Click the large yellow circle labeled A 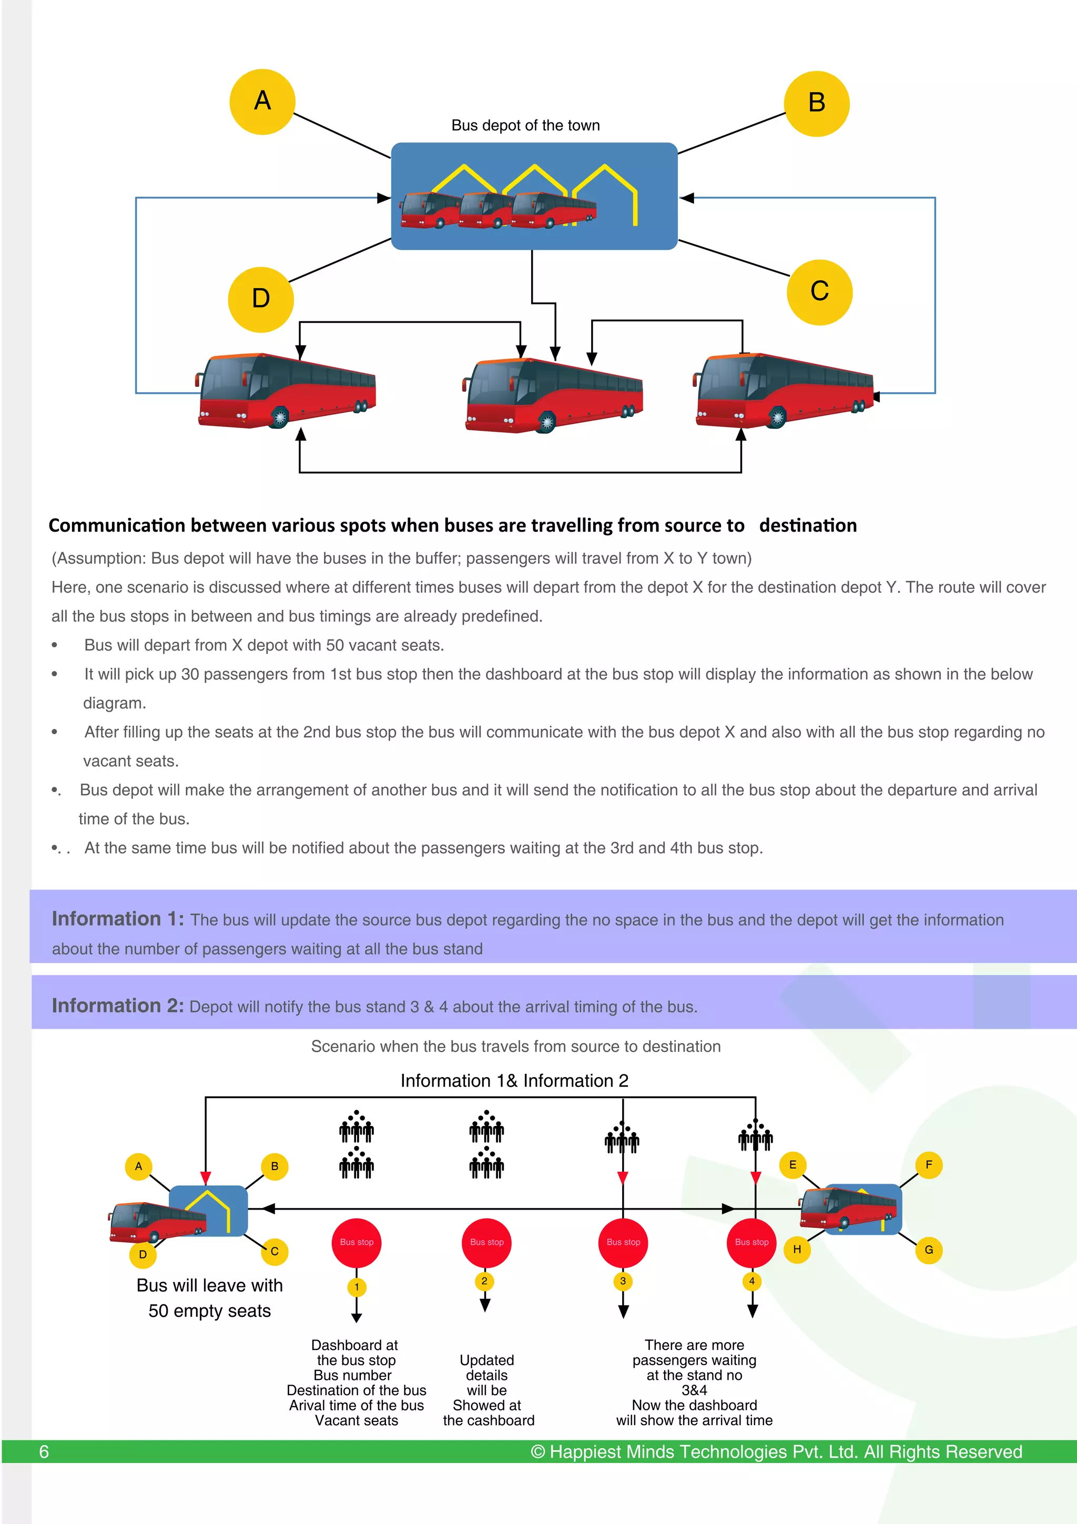point(262,101)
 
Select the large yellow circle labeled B point(816,104)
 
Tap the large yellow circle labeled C point(819,292)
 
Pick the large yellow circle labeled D point(261,299)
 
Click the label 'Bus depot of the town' point(525,126)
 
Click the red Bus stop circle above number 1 point(357,1243)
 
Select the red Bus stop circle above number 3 point(623,1243)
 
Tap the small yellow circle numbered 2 point(484,1281)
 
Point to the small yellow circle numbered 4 point(752,1281)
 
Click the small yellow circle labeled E point(792,1165)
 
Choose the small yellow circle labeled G point(928,1250)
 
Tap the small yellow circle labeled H point(797,1249)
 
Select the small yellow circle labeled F point(928,1165)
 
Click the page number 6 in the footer point(44,1451)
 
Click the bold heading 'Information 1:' point(117,919)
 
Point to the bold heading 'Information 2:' point(117,1005)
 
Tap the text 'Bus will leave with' point(210,1286)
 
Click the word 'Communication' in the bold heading point(117,526)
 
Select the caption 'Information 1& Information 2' point(514,1081)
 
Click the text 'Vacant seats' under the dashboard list point(357,1420)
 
